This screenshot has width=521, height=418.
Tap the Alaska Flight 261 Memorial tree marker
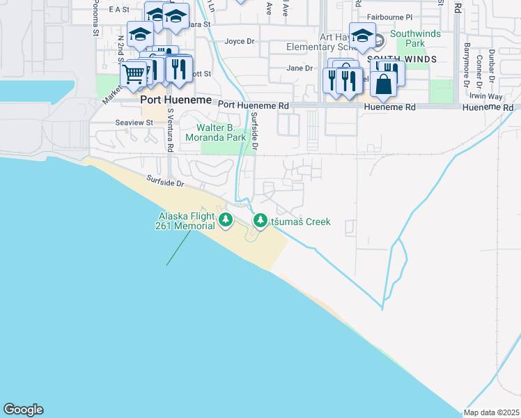pos(225,220)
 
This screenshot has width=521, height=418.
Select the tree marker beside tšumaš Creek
pos(260,220)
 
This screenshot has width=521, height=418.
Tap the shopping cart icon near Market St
pos(132,73)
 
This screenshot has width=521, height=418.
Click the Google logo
pos(23,410)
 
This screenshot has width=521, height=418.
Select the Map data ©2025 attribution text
pos(490,412)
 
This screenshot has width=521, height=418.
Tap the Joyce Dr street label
pos(239,41)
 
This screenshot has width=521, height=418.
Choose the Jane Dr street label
pos(300,68)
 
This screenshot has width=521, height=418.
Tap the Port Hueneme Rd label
pos(253,105)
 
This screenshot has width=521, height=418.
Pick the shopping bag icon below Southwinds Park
pos(383,84)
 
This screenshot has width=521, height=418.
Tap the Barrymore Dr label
pos(466,65)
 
